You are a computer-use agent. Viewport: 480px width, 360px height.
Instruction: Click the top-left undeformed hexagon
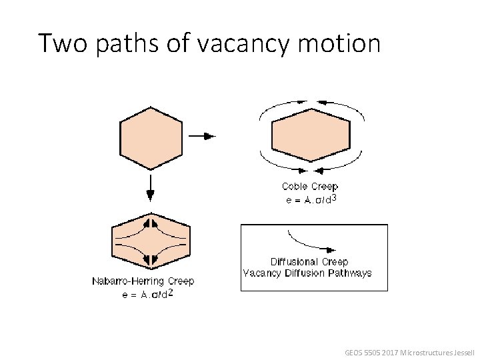point(150,137)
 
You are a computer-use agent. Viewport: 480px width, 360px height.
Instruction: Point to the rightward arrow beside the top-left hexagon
point(203,136)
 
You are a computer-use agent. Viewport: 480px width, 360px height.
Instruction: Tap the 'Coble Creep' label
point(310,187)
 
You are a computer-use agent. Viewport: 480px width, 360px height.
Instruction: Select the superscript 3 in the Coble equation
point(333,198)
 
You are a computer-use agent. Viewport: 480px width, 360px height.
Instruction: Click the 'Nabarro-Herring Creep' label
point(143,281)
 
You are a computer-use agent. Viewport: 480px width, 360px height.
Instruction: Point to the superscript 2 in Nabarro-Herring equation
point(171,293)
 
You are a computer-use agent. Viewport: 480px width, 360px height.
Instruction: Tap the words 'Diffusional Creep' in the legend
point(309,262)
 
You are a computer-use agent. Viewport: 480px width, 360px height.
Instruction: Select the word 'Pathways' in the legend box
point(350,273)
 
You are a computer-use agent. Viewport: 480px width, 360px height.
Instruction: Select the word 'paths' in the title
point(123,43)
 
